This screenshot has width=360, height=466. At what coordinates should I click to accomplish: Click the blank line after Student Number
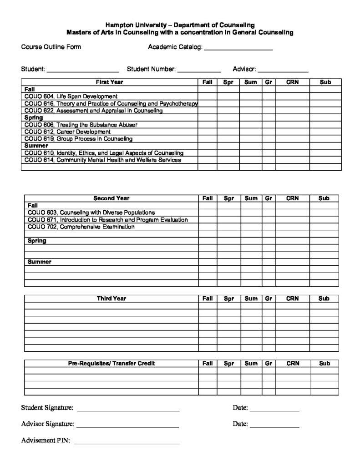tap(199, 71)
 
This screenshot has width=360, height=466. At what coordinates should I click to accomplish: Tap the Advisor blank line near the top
tap(284, 71)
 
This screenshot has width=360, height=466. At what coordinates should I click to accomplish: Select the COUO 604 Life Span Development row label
tap(71, 96)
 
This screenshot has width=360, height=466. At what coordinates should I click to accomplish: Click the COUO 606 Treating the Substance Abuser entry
tap(81, 125)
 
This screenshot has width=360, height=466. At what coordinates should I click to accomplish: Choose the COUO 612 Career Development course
tap(67, 132)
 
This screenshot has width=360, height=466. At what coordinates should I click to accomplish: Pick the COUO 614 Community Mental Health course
tap(102, 160)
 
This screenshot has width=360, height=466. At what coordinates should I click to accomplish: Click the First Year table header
tap(109, 82)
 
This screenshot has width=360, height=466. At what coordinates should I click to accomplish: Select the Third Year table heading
tap(111, 299)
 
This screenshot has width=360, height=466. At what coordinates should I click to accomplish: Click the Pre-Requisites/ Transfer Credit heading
tap(111, 364)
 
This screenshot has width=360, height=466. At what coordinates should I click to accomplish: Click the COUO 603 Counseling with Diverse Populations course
tap(91, 213)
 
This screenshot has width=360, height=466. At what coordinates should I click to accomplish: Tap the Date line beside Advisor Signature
tap(274, 426)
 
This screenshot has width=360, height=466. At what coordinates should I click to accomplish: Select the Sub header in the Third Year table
tap(324, 299)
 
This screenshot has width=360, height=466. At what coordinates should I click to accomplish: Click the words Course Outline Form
tap(51, 47)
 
